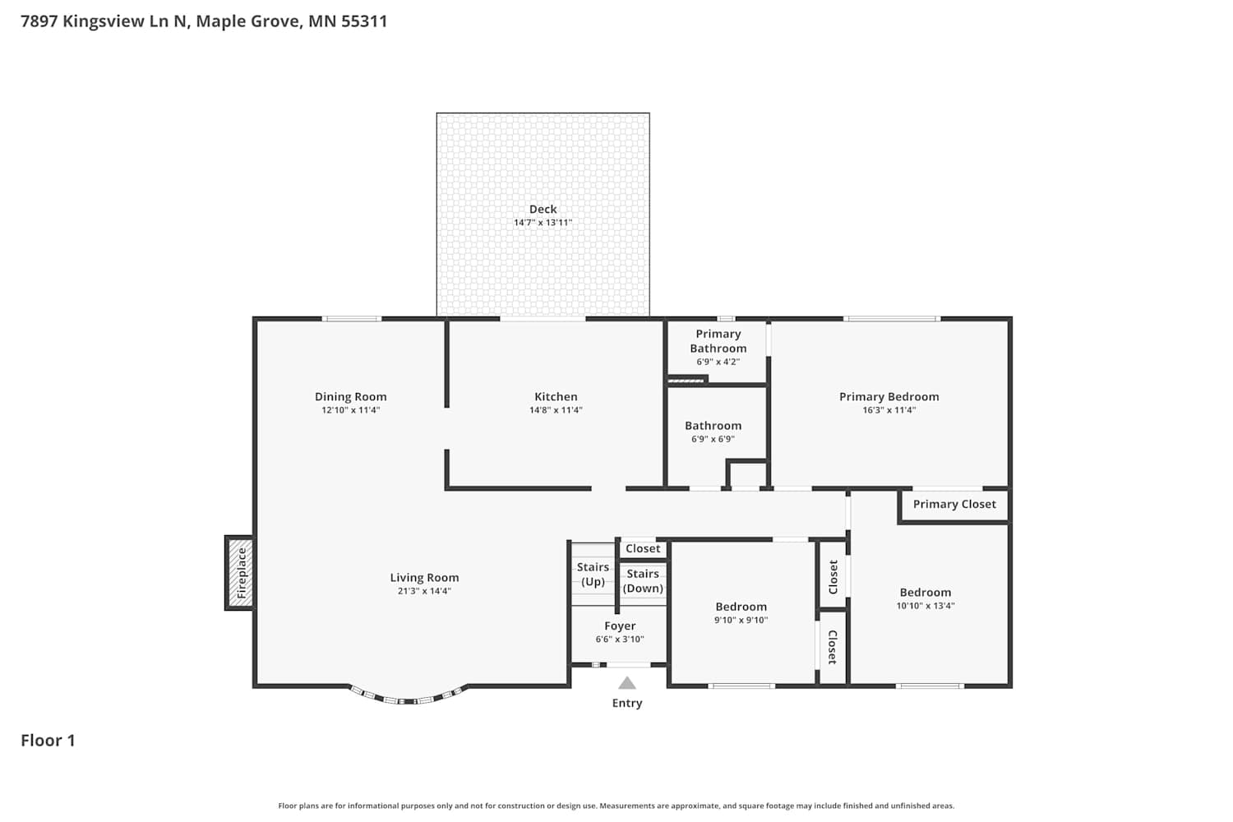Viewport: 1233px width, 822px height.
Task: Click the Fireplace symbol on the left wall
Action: pyautogui.click(x=240, y=573)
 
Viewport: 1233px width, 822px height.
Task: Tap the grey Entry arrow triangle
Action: pyautogui.click(x=627, y=683)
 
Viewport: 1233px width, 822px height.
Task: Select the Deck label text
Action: pyautogui.click(x=543, y=210)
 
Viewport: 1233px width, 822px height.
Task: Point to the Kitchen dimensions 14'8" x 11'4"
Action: pyautogui.click(x=556, y=409)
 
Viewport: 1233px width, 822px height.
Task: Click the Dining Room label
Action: pyautogui.click(x=351, y=396)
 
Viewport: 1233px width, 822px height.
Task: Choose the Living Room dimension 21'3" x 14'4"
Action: pyautogui.click(x=424, y=591)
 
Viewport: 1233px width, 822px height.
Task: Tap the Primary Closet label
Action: pyautogui.click(x=954, y=505)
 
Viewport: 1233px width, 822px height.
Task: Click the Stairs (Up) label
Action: pyautogui.click(x=593, y=575)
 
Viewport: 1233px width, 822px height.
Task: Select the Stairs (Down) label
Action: pyautogui.click(x=643, y=581)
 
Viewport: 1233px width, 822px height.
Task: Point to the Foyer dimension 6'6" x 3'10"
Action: pyautogui.click(x=620, y=640)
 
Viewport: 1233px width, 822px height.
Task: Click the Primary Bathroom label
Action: pyautogui.click(x=718, y=341)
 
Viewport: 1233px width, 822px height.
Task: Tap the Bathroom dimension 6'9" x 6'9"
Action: pyautogui.click(x=713, y=439)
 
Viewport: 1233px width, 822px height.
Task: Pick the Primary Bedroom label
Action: pyautogui.click(x=889, y=396)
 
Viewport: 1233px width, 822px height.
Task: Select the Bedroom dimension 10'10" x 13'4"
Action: pyautogui.click(x=926, y=606)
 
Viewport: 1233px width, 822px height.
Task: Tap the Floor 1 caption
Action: pyautogui.click(x=48, y=741)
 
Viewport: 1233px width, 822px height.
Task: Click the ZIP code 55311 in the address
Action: pyautogui.click(x=364, y=21)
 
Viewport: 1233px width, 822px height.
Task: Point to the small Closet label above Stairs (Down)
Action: pyautogui.click(x=643, y=548)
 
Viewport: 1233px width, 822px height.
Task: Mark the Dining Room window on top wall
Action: pyautogui.click(x=352, y=319)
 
